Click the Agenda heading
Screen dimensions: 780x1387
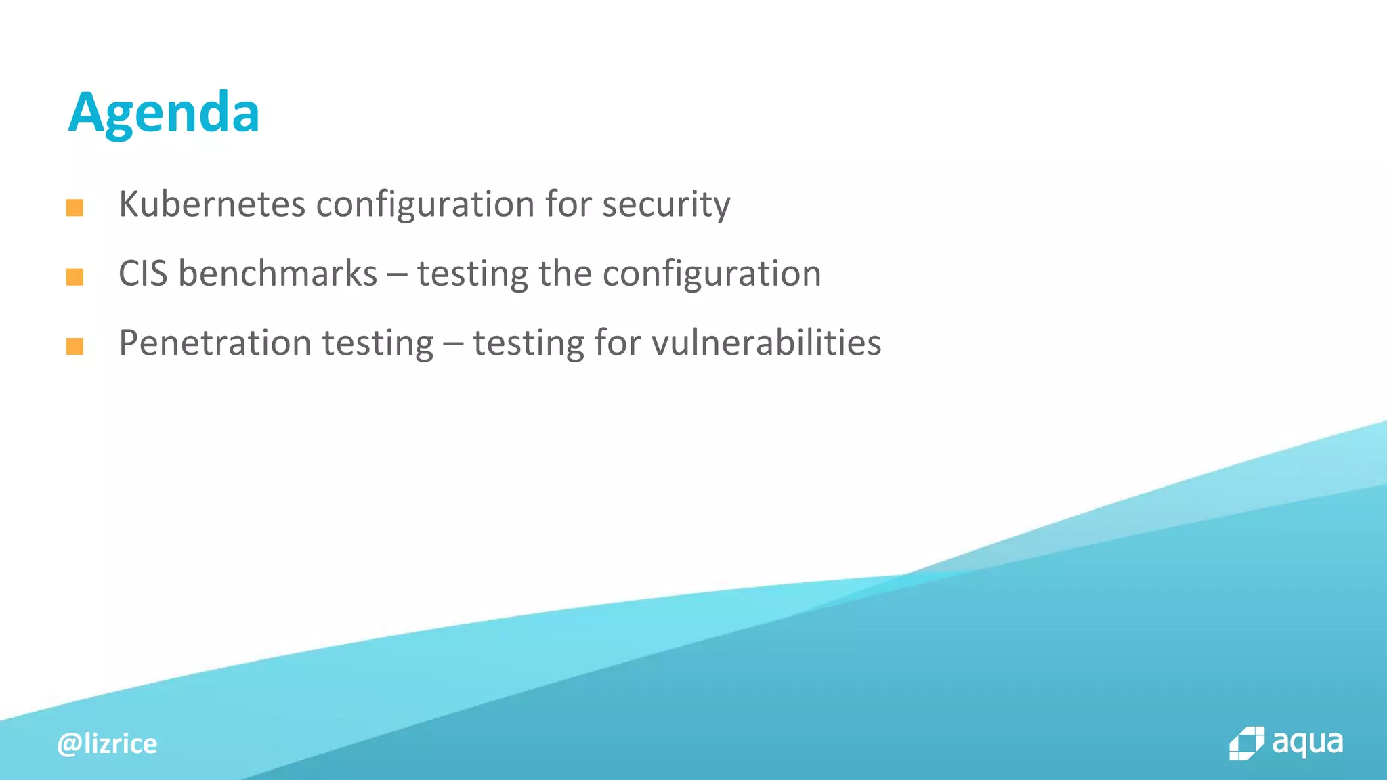(164, 113)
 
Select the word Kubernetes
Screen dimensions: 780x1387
(212, 204)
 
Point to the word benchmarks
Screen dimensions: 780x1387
(278, 274)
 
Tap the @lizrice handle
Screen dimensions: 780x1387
(108, 743)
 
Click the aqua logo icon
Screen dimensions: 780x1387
(1246, 743)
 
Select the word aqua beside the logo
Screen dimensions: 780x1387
(1307, 743)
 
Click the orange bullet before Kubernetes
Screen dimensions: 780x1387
(74, 208)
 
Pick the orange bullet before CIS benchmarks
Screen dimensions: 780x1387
(74, 277)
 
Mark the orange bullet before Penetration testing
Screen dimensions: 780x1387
(74, 347)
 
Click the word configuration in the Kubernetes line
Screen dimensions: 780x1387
(425, 205)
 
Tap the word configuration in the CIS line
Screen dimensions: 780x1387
(712, 274)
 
